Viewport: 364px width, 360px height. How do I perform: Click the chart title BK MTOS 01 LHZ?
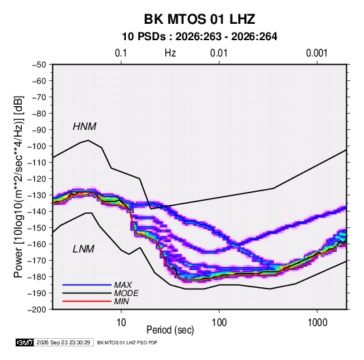[x=199, y=19]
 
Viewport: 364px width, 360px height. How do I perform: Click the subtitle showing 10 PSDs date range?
[x=199, y=37]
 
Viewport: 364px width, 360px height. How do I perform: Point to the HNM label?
[x=84, y=127]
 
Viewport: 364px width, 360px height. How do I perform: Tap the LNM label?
[x=84, y=249]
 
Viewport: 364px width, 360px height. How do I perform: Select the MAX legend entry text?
[x=122, y=285]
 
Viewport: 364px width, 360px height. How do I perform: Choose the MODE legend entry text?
[x=127, y=293]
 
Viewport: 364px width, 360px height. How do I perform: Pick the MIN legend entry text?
[x=121, y=301]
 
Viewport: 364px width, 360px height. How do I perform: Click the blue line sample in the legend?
[x=87, y=284]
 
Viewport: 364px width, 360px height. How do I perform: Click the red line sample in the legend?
[x=87, y=301]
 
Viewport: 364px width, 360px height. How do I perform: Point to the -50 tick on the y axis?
[x=39, y=65]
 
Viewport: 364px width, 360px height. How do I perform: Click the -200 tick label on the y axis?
[x=37, y=310]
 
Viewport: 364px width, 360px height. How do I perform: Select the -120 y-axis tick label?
[x=37, y=179]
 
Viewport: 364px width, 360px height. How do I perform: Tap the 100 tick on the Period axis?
[x=219, y=323]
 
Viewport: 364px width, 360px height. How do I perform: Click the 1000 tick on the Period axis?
[x=317, y=323]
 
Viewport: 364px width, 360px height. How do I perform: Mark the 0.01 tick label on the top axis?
[x=218, y=53]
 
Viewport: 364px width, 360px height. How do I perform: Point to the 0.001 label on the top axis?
[x=316, y=53]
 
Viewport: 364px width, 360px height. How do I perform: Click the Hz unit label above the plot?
[x=170, y=53]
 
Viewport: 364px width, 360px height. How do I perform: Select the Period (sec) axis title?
[x=170, y=330]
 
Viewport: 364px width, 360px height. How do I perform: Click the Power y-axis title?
[x=18, y=187]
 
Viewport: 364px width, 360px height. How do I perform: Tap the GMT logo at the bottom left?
[x=24, y=342]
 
